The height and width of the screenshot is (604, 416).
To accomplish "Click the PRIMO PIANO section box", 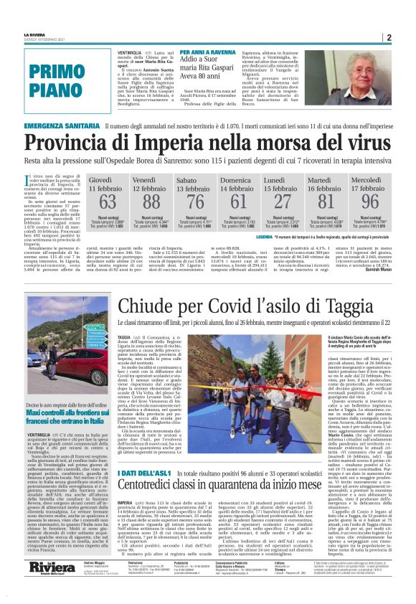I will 57,80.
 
